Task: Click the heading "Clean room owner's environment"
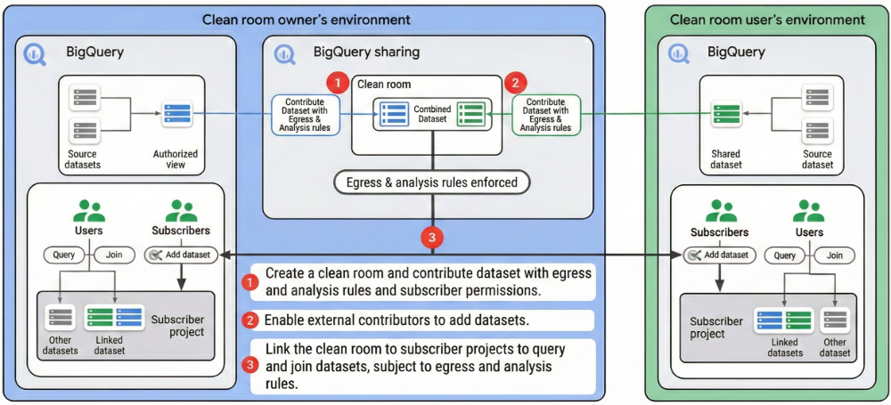(x=307, y=20)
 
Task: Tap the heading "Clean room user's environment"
(x=767, y=20)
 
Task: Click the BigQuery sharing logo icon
(x=288, y=53)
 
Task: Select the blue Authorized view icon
(x=176, y=114)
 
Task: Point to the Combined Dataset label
(x=432, y=115)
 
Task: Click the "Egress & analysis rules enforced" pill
(x=432, y=183)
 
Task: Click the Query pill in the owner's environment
(x=64, y=255)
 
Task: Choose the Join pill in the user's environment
(x=834, y=255)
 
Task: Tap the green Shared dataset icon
(x=725, y=114)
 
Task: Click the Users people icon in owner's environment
(x=88, y=212)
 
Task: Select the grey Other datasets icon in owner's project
(x=61, y=318)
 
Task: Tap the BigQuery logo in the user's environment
(x=680, y=53)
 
